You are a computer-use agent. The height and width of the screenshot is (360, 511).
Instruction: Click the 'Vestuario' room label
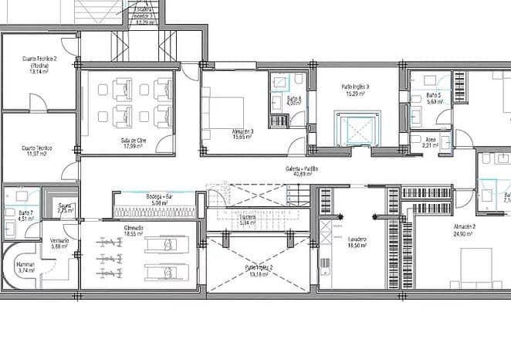pos(59,240)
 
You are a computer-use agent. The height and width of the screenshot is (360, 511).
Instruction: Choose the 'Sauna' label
pos(65,205)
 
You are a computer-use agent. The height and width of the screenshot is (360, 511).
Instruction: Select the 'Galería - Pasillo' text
pos(300,168)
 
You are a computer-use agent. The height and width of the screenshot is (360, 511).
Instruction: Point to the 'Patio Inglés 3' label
pos(355,87)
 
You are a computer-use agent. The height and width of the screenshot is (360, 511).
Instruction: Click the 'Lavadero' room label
pos(356,239)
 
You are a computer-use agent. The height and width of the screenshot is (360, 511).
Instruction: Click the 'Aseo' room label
pos(430,140)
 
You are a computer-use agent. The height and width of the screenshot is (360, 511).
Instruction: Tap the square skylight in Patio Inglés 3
pos(356,126)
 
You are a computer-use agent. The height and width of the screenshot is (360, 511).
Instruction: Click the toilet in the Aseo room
pos(415,142)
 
